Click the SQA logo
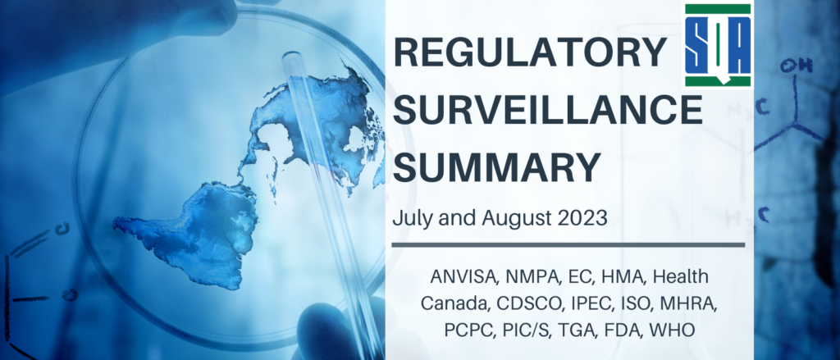pyautogui.click(x=718, y=45)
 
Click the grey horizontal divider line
pyautogui.click(x=568, y=245)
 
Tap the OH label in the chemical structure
pyautogui.click(x=796, y=66)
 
